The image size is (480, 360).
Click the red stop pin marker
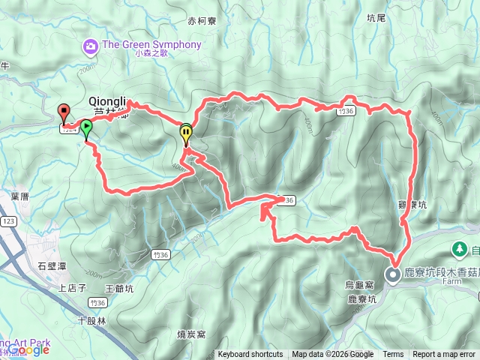64,113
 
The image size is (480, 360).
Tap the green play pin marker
87,127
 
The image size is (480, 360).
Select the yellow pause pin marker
185,133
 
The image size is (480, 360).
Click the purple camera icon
91,46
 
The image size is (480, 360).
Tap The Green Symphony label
151,45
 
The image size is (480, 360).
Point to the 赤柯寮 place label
202,22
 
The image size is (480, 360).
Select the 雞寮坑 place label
412,205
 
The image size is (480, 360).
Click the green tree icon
458,247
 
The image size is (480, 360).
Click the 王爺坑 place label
119,288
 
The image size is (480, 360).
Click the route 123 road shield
9,222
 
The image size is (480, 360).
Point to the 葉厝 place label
20,196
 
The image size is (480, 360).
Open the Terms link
393,355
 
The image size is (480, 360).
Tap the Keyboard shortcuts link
250,355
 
